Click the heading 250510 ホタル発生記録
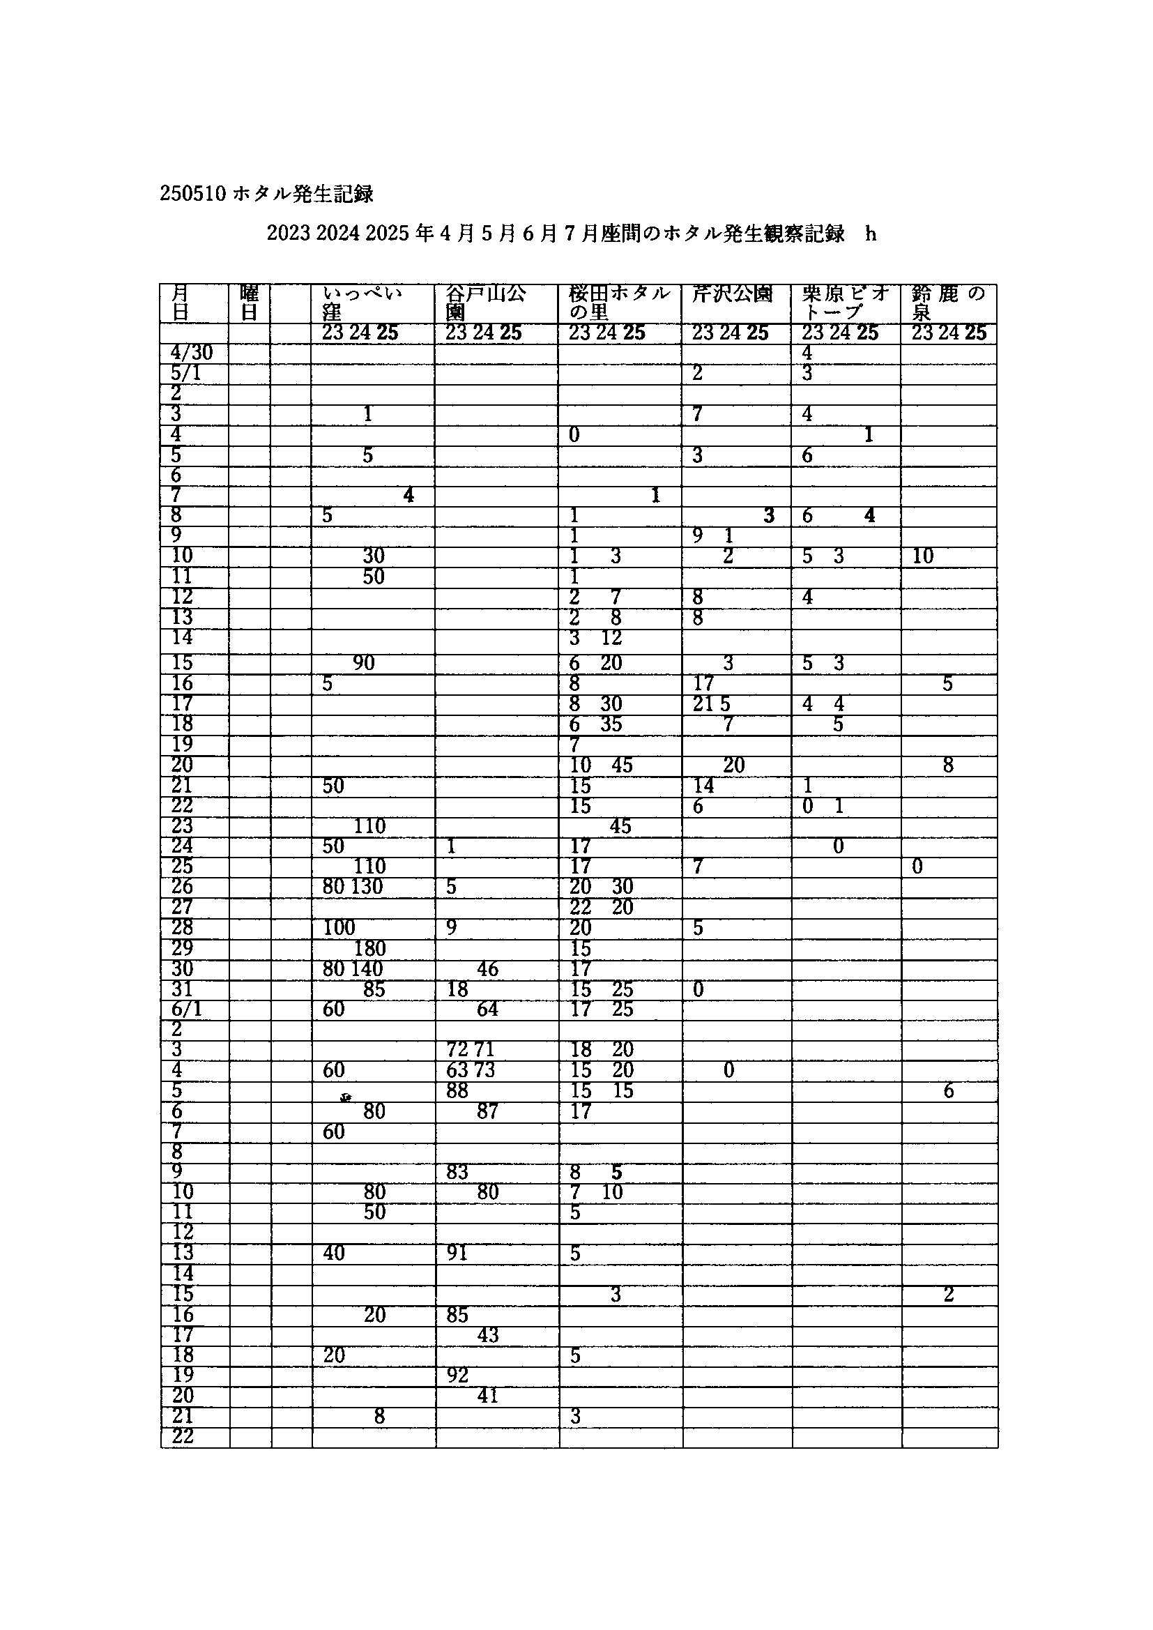(266, 194)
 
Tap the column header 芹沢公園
(732, 294)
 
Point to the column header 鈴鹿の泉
(948, 303)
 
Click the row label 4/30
(191, 353)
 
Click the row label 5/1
(186, 374)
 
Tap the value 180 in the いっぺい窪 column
(369, 948)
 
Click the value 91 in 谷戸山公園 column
(457, 1253)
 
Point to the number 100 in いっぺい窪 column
(339, 928)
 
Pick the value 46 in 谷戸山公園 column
(487, 969)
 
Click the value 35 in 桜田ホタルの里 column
(611, 724)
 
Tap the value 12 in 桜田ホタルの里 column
(611, 637)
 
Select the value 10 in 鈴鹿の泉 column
(922, 556)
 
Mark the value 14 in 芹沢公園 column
(703, 785)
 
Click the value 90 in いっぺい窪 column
(363, 663)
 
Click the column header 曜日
(249, 303)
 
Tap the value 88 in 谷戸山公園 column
(457, 1090)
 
